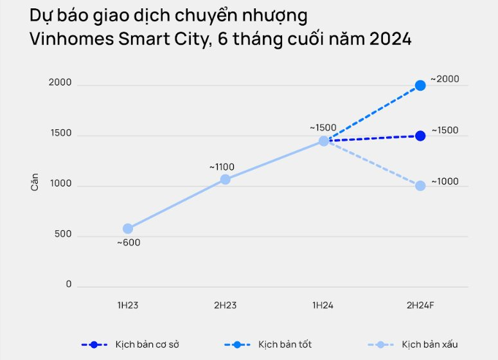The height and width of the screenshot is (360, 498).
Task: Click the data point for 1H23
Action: point(128,229)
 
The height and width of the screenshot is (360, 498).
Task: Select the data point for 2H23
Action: point(225,179)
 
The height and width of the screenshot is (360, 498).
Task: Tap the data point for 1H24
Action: point(324,141)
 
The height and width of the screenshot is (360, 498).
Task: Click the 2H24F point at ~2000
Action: point(420,85)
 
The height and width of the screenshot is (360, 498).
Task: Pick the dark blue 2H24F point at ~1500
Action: point(420,136)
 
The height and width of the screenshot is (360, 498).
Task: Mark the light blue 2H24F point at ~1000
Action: point(420,186)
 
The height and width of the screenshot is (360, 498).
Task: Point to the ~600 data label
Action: point(128,243)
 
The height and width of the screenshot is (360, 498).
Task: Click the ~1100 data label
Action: point(222,167)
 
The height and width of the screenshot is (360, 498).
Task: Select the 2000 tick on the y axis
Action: point(60,82)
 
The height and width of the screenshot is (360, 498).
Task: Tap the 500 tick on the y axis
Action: point(64,235)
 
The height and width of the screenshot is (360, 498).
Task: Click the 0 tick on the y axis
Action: point(69,284)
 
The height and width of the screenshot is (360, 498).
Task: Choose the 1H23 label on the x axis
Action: point(128,305)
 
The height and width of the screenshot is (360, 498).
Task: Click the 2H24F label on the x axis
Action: point(420,305)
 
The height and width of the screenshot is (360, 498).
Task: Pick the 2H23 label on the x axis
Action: point(225,305)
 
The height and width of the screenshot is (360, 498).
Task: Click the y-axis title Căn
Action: point(35,183)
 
